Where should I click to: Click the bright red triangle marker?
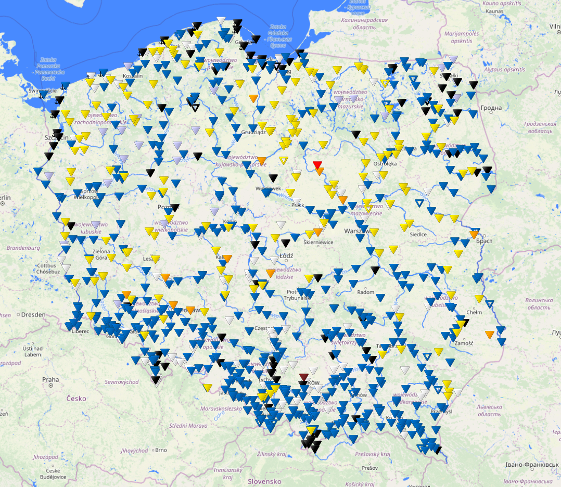317,165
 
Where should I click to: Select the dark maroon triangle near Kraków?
304,377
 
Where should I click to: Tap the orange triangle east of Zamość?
489,334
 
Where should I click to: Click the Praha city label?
50,379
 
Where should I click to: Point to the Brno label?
160,450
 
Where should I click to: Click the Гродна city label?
491,108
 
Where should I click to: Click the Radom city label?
366,292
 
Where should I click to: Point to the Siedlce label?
418,234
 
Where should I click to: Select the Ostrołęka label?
385,163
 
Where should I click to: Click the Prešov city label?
369,468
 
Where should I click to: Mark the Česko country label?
75,399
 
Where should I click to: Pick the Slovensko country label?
264,481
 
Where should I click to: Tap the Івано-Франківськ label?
532,464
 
